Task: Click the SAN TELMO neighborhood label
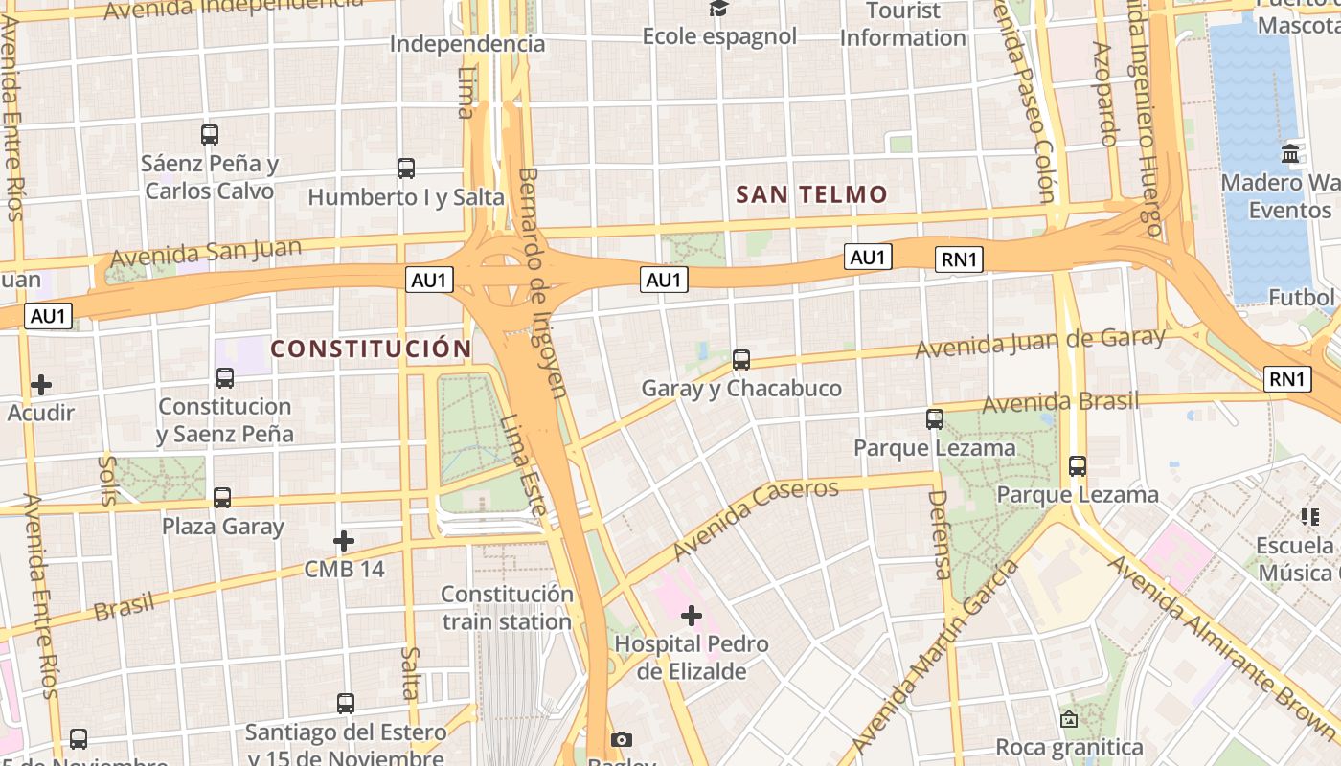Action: pyautogui.click(x=811, y=194)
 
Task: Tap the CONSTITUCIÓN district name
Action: pyautogui.click(x=371, y=349)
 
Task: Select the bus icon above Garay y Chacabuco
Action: pyautogui.click(x=741, y=360)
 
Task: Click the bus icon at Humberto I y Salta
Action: pyautogui.click(x=406, y=169)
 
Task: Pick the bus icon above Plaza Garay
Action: pyautogui.click(x=222, y=498)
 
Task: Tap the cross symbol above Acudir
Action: pyautogui.click(x=41, y=385)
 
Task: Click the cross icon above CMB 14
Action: pyautogui.click(x=344, y=541)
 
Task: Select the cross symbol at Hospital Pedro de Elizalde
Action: pyautogui.click(x=692, y=615)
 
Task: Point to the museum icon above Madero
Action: pyautogui.click(x=1290, y=153)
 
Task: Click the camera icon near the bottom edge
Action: pyautogui.click(x=622, y=739)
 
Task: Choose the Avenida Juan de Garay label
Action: pyautogui.click(x=1040, y=342)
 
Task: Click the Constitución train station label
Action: pyautogui.click(x=507, y=607)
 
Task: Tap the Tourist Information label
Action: pyautogui.click(x=902, y=25)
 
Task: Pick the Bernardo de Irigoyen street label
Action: pyautogui.click(x=542, y=282)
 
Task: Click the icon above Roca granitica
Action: pyautogui.click(x=1069, y=718)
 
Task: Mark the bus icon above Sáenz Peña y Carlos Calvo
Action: pyautogui.click(x=210, y=135)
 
